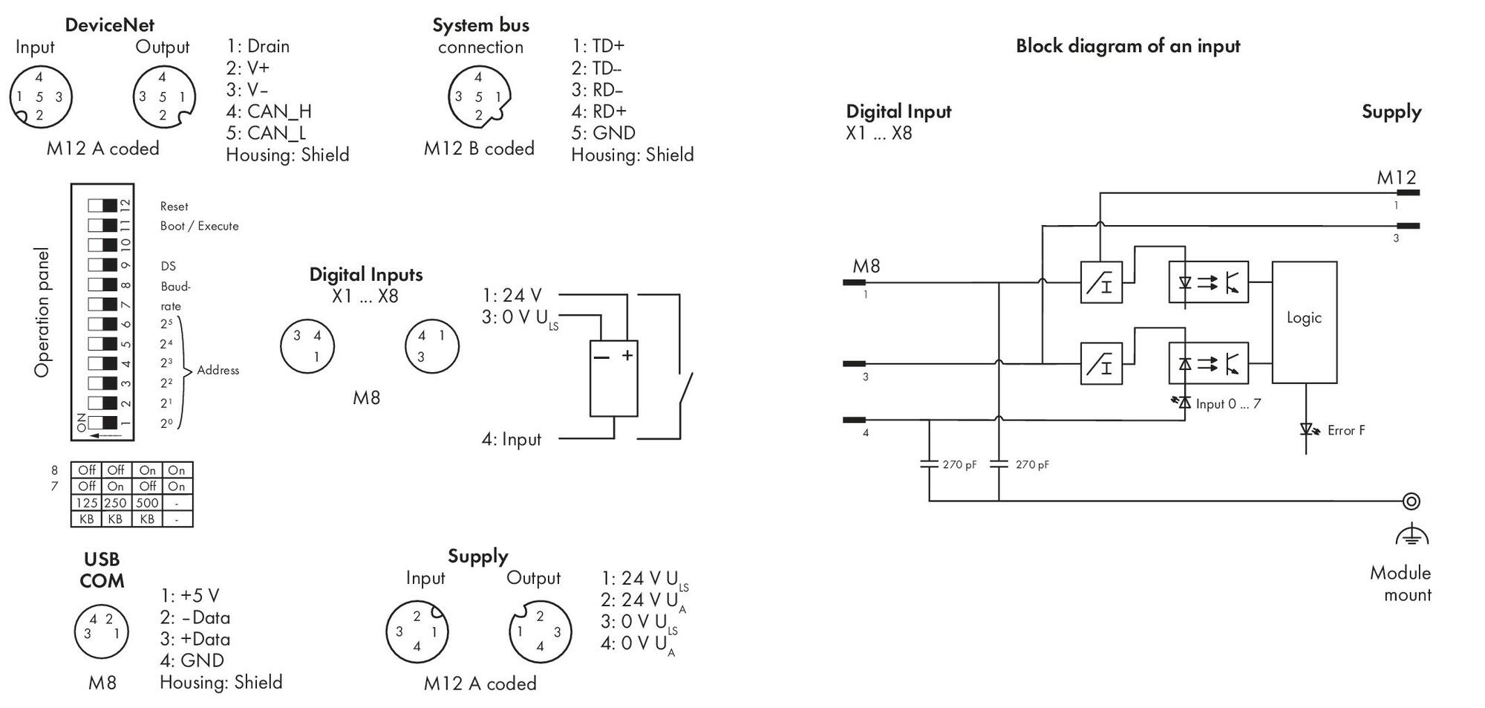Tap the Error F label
click(1345, 430)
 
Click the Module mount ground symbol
click(1411, 534)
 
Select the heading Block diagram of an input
click(1128, 46)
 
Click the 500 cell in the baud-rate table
click(147, 503)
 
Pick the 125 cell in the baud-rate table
click(87, 503)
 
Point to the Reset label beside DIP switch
click(174, 207)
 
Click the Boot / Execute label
click(199, 226)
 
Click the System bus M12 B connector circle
click(479, 97)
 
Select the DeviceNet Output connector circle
click(164, 97)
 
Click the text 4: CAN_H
click(269, 111)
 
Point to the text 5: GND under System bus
click(603, 133)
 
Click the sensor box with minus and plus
click(613, 379)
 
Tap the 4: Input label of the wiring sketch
click(512, 439)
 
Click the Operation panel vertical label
click(42, 312)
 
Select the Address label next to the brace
click(218, 370)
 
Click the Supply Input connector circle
click(417, 631)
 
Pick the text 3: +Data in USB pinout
click(195, 639)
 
